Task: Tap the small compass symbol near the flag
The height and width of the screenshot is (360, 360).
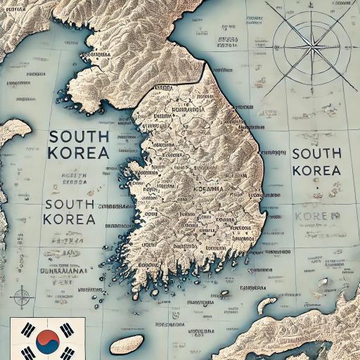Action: click(x=22, y=296)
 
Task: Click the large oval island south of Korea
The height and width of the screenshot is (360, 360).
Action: click(x=133, y=345)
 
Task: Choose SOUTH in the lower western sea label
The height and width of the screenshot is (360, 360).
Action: click(x=69, y=204)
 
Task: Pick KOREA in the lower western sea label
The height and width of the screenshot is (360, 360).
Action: click(x=69, y=219)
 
